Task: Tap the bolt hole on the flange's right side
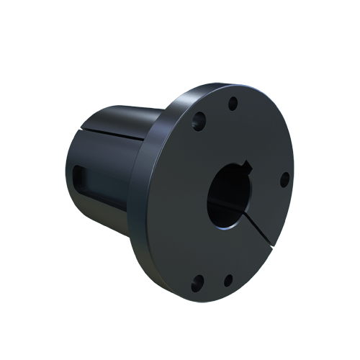[x=284, y=178]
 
